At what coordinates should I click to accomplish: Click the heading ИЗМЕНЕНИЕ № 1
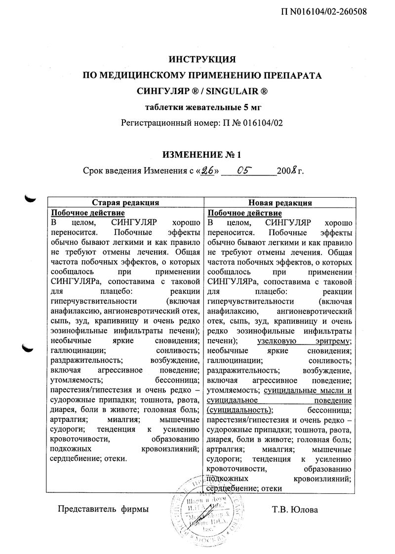[202, 155]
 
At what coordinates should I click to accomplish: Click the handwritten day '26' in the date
[208, 171]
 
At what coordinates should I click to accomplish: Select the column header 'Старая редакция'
[125, 203]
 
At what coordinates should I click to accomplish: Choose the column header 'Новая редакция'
[279, 203]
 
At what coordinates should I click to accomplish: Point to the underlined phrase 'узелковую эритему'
[304, 341]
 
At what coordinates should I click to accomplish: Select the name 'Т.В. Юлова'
[295, 509]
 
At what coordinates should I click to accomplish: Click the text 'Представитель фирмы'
[103, 509]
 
